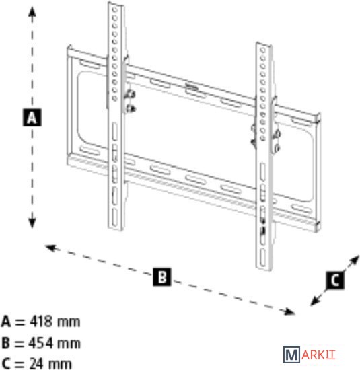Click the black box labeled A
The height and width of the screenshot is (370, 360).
(32, 117)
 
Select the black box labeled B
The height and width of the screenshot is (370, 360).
(162, 276)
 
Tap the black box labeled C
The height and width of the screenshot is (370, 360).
(335, 281)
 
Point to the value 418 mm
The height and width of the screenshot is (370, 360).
(55, 322)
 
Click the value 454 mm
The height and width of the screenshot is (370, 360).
(55, 343)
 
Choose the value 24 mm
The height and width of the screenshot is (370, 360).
(50, 364)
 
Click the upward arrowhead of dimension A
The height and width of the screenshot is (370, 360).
(32, 12)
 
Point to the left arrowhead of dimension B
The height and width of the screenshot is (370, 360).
(50, 248)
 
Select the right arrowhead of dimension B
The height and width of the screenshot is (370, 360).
(289, 311)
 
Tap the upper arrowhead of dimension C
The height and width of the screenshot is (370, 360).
(355, 260)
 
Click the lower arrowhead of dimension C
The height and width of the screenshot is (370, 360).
(315, 301)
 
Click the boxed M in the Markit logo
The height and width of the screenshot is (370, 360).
(291, 355)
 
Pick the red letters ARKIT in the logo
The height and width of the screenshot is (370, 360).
(318, 355)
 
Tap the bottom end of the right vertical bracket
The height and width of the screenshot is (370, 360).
(264, 268)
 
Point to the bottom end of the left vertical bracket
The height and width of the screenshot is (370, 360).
(116, 228)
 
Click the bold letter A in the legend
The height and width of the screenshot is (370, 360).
(6, 322)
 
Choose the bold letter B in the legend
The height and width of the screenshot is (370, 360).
(5, 343)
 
